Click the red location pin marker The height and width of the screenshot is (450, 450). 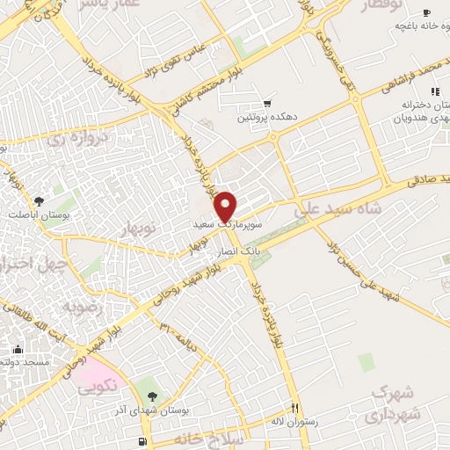coord(227,206)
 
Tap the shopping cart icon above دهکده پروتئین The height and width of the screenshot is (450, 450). coord(266,104)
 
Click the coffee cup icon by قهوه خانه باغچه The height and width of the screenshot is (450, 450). coord(427,12)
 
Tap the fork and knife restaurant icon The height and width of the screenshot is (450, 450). coord(295,409)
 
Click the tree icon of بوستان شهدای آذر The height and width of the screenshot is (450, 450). coord(153,397)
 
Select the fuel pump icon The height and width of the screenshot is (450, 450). coord(142,441)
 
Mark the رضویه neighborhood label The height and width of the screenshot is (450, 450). coord(83,308)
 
